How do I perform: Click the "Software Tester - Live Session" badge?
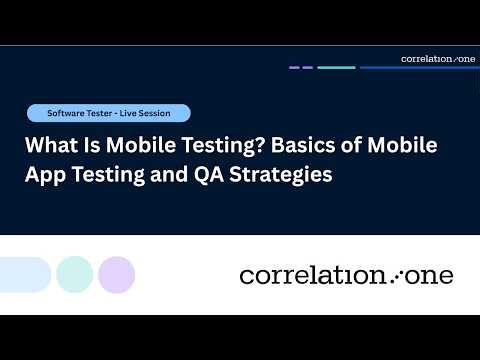tap(108, 113)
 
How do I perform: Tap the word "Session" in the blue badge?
tap(160, 113)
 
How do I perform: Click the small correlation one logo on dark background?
tap(438, 59)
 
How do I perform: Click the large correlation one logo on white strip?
tap(346, 275)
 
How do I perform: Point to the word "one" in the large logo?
tap(428, 275)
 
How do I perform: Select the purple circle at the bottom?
tap(117, 274)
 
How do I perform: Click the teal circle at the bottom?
tap(75, 274)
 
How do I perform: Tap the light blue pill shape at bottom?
tap(22, 274)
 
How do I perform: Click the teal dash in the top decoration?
tap(336, 68)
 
